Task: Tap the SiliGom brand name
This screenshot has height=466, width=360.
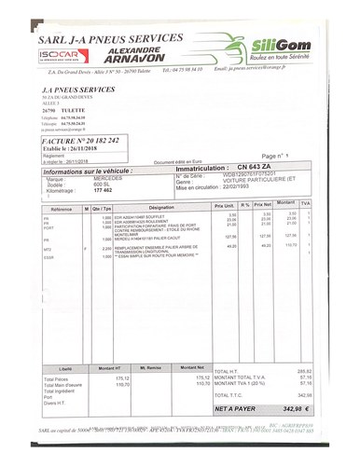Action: tap(280, 44)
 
